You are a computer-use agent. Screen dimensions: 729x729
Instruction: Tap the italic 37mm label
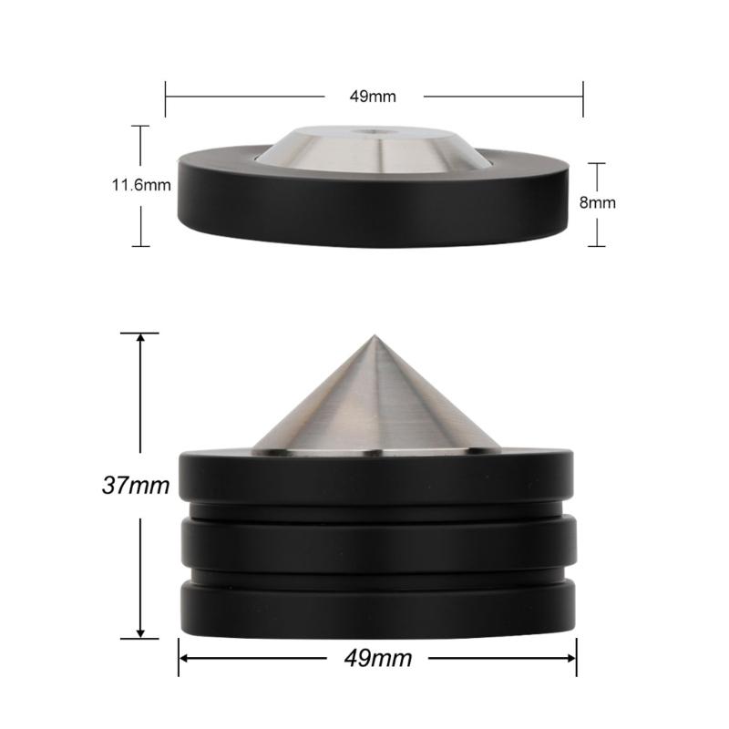point(135,486)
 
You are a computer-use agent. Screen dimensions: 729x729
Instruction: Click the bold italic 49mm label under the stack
point(377,658)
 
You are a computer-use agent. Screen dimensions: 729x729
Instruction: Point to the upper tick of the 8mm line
point(596,163)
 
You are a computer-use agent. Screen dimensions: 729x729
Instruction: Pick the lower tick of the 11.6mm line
point(140,246)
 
